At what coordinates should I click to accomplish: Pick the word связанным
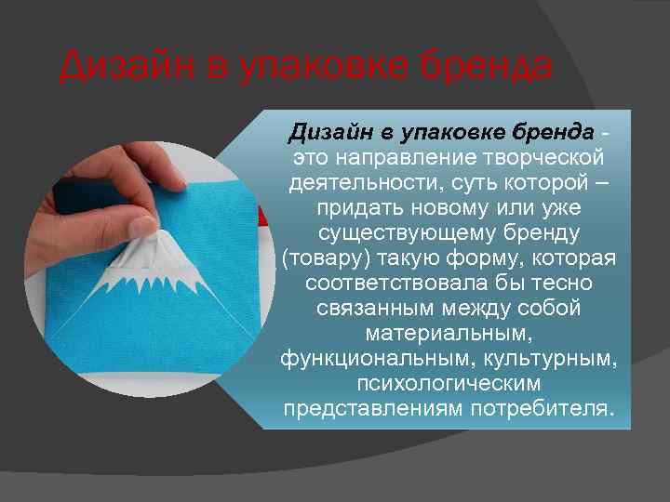pyautogui.click(x=376, y=308)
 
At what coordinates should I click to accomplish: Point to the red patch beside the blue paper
pyautogui.click(x=262, y=217)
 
